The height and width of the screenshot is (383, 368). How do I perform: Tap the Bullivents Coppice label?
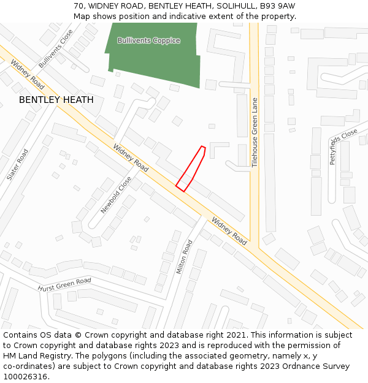point(149,40)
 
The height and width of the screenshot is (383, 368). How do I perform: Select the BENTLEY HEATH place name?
point(56,99)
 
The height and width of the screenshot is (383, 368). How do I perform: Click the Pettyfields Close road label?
point(343,146)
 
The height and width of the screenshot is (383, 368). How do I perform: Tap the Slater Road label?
point(18,164)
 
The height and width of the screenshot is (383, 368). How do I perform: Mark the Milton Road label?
point(184,257)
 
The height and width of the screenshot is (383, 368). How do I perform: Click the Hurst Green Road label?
point(64,285)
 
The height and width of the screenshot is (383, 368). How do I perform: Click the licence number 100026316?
point(25,376)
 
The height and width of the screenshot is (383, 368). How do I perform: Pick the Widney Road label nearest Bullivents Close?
point(27,73)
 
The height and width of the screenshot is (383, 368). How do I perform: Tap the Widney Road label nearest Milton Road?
point(229,231)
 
